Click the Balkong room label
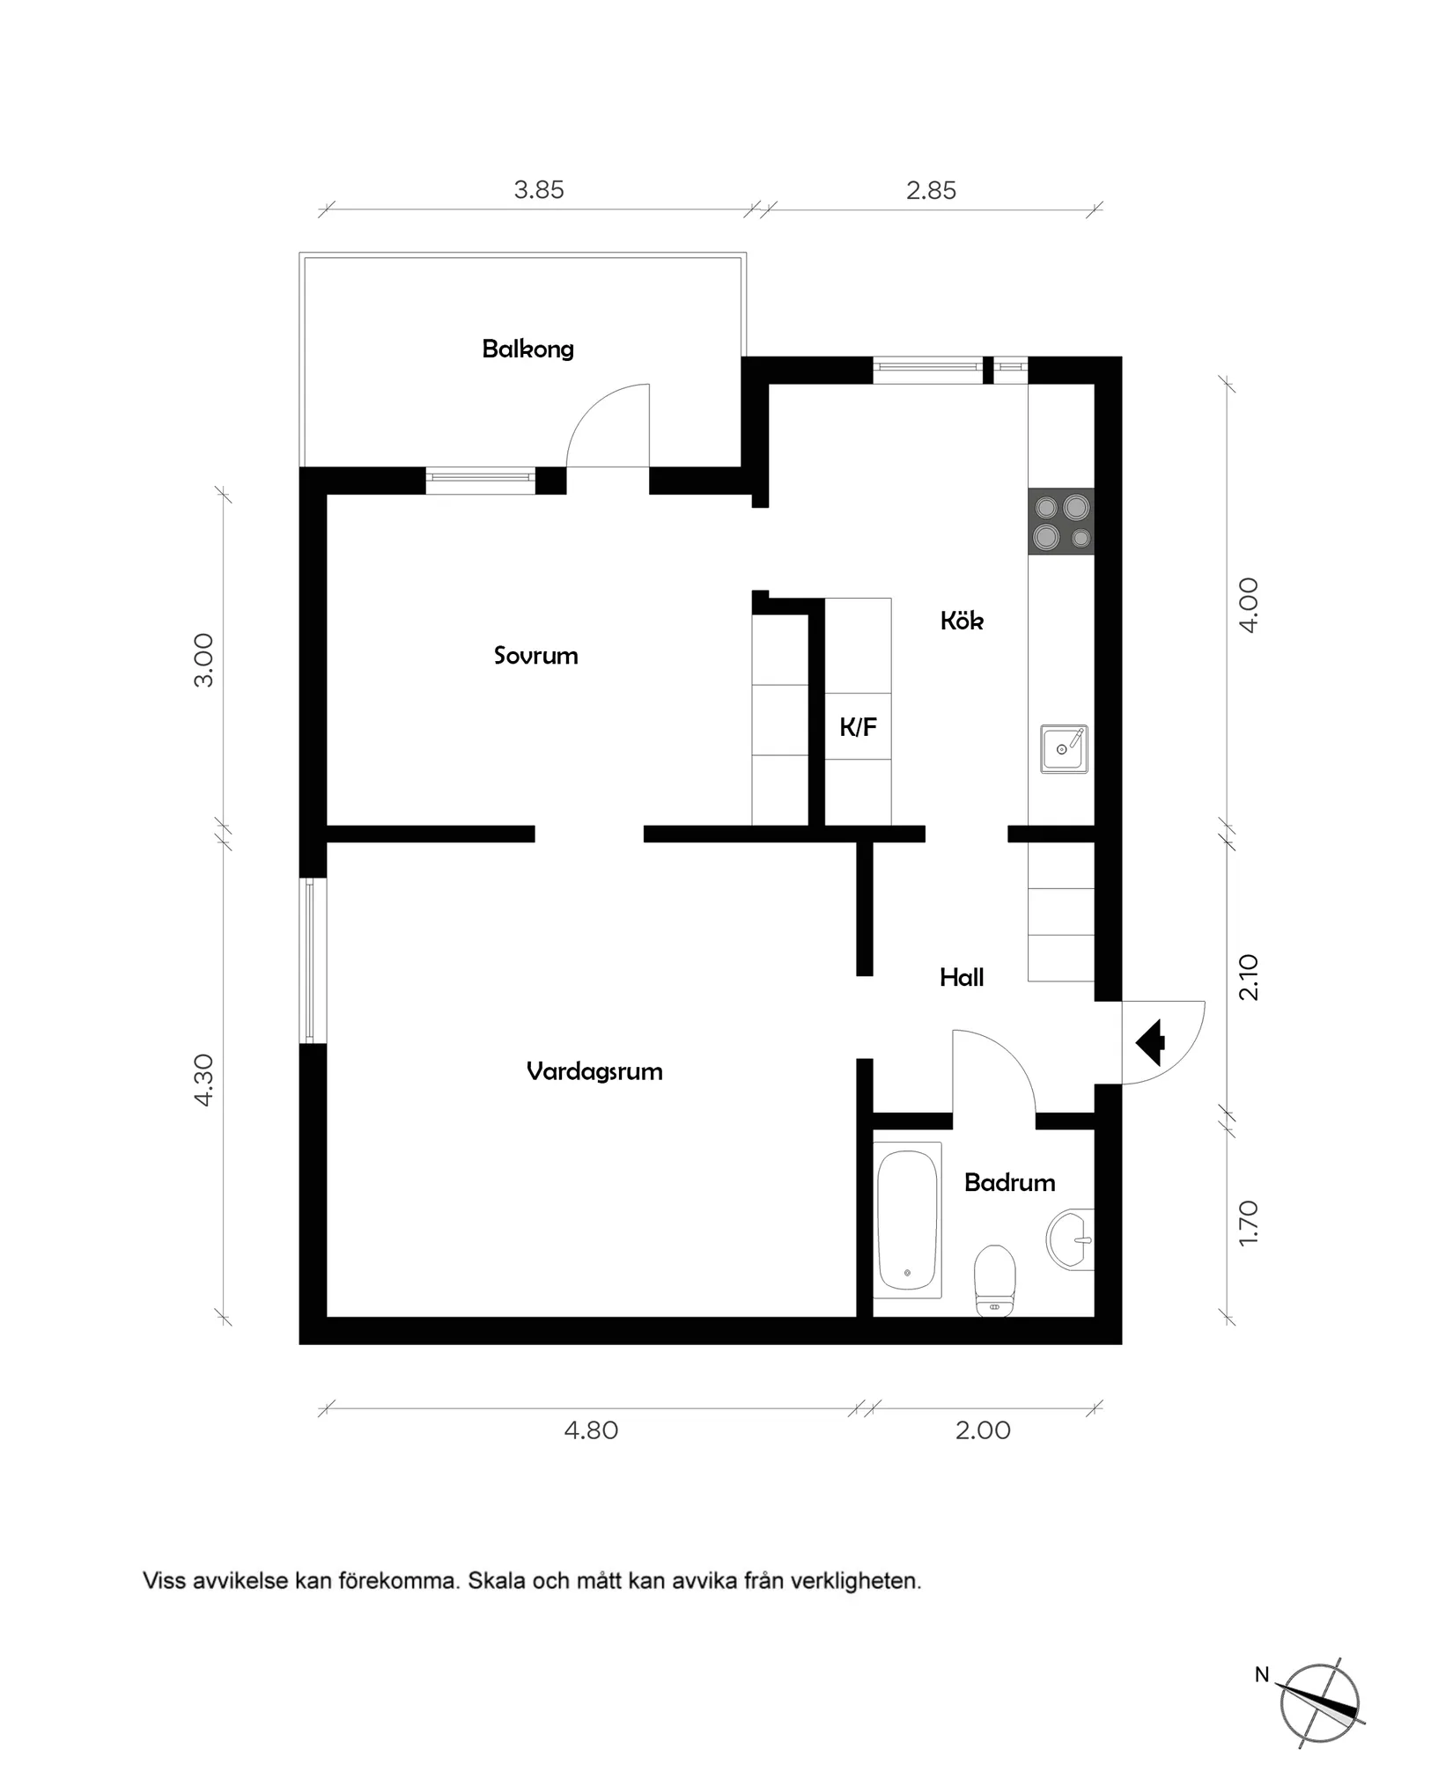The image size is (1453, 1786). (527, 349)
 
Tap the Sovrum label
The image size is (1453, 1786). (535, 656)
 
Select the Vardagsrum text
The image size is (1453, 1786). (594, 1071)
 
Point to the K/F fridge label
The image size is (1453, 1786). (858, 727)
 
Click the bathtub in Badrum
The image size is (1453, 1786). (908, 1219)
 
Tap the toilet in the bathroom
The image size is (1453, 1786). (995, 1280)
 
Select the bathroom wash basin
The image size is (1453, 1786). (1071, 1239)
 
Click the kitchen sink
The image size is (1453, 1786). (1064, 749)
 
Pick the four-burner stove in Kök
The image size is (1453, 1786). (1061, 522)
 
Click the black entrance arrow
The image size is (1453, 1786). (1152, 1042)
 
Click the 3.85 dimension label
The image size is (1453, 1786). (539, 190)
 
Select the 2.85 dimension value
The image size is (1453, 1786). (931, 190)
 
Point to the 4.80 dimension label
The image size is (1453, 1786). (591, 1430)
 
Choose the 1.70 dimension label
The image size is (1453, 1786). (1250, 1222)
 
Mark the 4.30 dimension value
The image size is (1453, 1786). (203, 1080)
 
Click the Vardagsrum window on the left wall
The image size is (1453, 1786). (312, 960)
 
